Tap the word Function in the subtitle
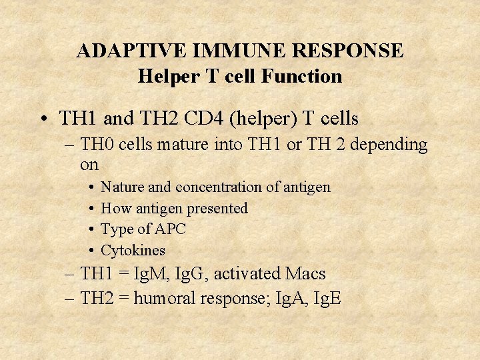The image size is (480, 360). tap(301, 76)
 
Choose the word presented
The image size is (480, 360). tap(217, 209)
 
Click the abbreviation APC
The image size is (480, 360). tap(170, 230)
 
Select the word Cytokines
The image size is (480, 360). tap(133, 251)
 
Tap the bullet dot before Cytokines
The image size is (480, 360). tap(89, 251)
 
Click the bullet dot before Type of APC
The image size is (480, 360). tap(89, 230)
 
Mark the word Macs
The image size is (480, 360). tap(305, 273)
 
